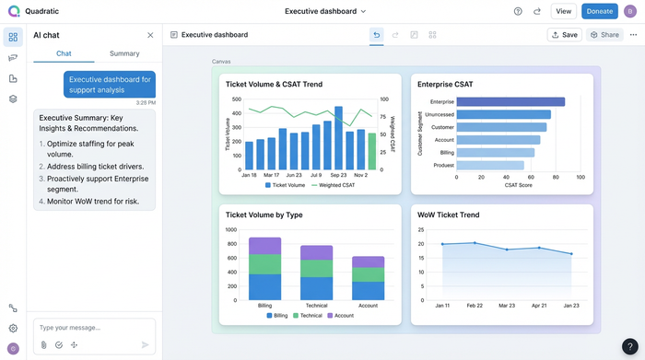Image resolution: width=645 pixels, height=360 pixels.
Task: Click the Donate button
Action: click(599, 11)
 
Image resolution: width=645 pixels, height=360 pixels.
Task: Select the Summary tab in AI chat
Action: click(124, 53)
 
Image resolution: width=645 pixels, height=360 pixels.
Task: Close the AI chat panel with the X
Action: click(150, 35)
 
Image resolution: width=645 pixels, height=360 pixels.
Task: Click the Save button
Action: click(564, 35)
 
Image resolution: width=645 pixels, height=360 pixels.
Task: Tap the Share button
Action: click(604, 35)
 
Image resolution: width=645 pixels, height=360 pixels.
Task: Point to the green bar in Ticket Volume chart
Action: click(372, 151)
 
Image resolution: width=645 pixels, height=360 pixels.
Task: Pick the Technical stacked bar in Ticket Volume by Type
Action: click(316, 273)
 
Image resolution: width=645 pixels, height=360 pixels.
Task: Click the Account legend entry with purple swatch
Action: click(340, 315)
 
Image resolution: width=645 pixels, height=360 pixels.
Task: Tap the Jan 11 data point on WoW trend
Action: click(442, 244)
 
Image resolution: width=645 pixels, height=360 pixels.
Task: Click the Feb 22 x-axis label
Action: click(475, 305)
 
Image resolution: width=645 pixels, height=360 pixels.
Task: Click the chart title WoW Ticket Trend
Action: click(449, 215)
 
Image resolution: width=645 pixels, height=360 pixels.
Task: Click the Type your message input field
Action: click(92, 328)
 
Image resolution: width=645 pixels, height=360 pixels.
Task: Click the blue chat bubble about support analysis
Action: click(110, 85)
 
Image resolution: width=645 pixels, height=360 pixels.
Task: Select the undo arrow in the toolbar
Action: click(376, 35)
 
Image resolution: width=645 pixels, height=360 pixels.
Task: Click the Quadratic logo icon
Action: click(13, 11)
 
